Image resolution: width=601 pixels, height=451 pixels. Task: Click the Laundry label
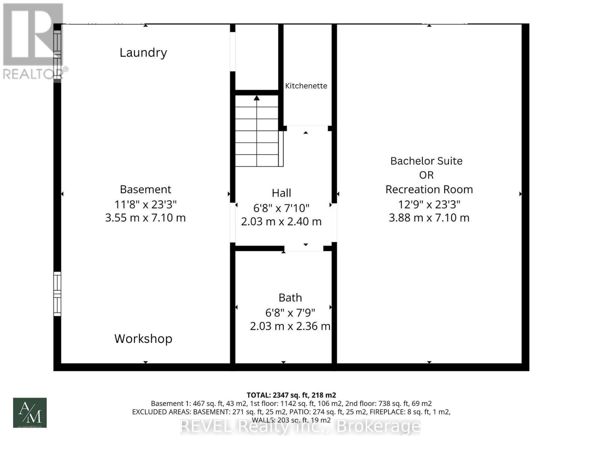point(143,53)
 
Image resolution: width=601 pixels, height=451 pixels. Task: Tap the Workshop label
point(143,339)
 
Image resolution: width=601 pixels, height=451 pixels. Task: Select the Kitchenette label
point(306,86)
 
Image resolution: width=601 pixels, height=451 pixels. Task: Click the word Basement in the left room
point(145,189)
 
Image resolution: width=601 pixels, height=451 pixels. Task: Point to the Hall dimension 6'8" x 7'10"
point(281,208)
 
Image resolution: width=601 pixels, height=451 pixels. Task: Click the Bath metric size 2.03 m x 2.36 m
point(290,326)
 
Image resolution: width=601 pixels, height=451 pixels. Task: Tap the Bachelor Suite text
point(426,161)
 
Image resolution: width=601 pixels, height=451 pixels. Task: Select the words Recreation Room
point(429,189)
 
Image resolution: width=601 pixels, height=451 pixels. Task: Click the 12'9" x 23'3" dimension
point(429,204)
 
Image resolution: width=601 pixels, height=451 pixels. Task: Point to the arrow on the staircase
point(257,99)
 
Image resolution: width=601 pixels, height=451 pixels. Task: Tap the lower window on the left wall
point(57,294)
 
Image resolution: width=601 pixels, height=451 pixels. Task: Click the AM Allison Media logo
point(30,413)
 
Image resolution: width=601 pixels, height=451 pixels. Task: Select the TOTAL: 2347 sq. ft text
point(291,395)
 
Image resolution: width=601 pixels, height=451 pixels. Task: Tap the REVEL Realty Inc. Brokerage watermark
point(300,427)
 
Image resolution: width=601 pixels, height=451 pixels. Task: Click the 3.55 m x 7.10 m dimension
point(145,218)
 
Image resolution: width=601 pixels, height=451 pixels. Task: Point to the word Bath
point(290,298)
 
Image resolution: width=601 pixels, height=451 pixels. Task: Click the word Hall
point(281,193)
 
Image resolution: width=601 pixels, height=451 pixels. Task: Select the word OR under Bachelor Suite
point(426,175)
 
